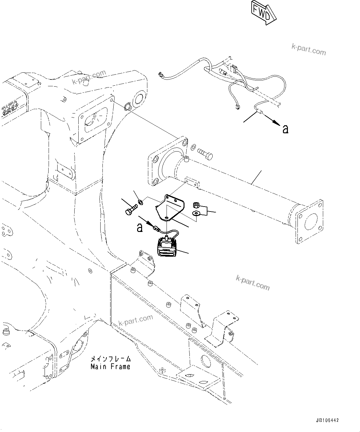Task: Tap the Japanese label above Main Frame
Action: pos(110,359)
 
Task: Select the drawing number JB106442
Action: pos(327,421)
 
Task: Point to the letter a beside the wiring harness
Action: pos(285,129)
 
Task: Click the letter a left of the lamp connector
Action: pos(140,228)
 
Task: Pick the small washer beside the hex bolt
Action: pos(140,202)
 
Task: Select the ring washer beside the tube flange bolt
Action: pos(193,148)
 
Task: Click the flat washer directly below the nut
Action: pos(196,213)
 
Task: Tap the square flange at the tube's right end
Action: pos(310,221)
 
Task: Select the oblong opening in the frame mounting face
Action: pos(94,119)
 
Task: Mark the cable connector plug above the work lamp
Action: pos(156,229)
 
